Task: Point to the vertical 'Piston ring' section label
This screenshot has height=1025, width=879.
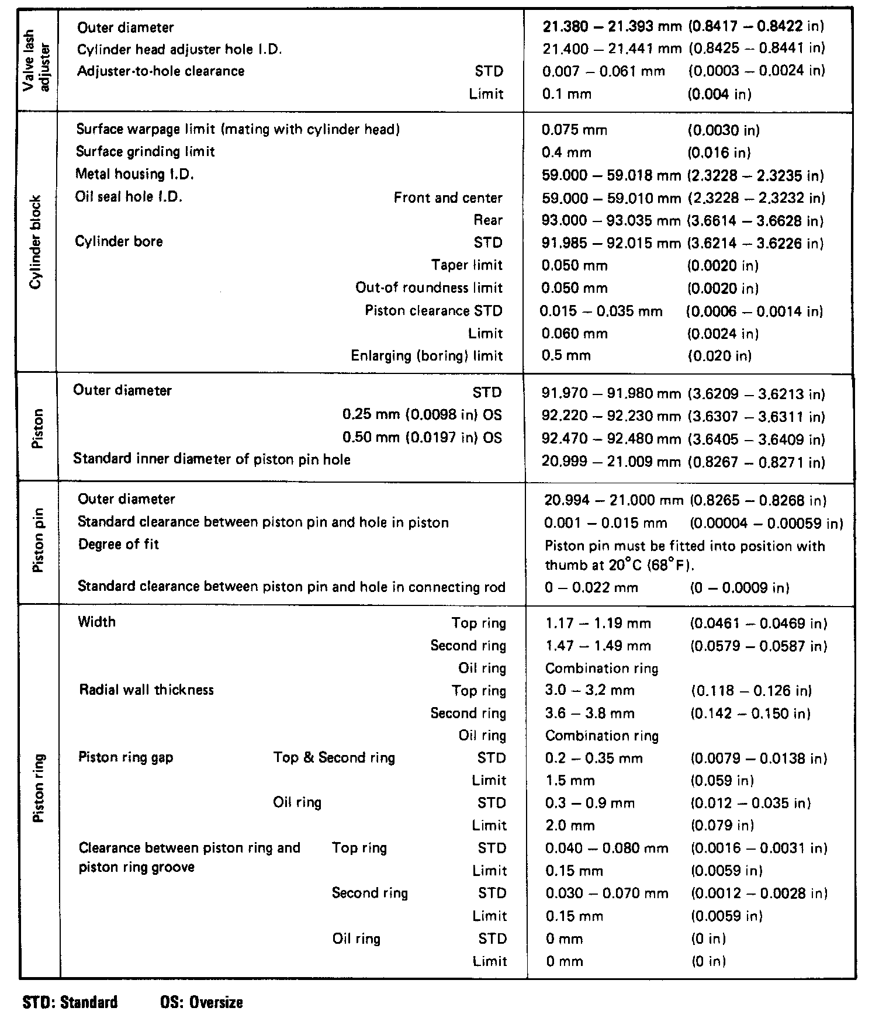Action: pyautogui.click(x=39, y=790)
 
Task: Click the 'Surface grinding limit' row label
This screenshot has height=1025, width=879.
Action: pyautogui.click(x=146, y=152)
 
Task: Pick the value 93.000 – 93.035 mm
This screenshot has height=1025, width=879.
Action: pyautogui.click(x=611, y=221)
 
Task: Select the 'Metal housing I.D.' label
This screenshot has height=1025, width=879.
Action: pyautogui.click(x=134, y=174)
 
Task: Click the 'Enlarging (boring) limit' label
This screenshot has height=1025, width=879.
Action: pyautogui.click(x=427, y=356)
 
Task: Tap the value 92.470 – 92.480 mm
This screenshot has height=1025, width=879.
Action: pyautogui.click(x=611, y=439)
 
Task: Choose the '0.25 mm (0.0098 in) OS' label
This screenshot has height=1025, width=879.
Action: pyautogui.click(x=422, y=415)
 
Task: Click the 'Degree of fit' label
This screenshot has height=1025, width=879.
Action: pyautogui.click(x=119, y=545)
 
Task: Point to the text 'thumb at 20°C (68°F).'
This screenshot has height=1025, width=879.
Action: pyautogui.click(x=620, y=566)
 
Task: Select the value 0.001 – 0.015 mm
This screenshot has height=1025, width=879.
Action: pyautogui.click(x=605, y=523)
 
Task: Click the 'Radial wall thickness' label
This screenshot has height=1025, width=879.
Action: pyautogui.click(x=147, y=690)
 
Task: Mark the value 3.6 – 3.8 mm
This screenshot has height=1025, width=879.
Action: pyautogui.click(x=590, y=714)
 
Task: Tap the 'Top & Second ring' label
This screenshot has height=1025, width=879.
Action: pyautogui.click(x=334, y=758)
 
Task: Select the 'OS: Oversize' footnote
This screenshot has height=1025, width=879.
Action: pyautogui.click(x=201, y=1003)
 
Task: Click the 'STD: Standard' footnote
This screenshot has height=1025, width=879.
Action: pyautogui.click(x=70, y=1003)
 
